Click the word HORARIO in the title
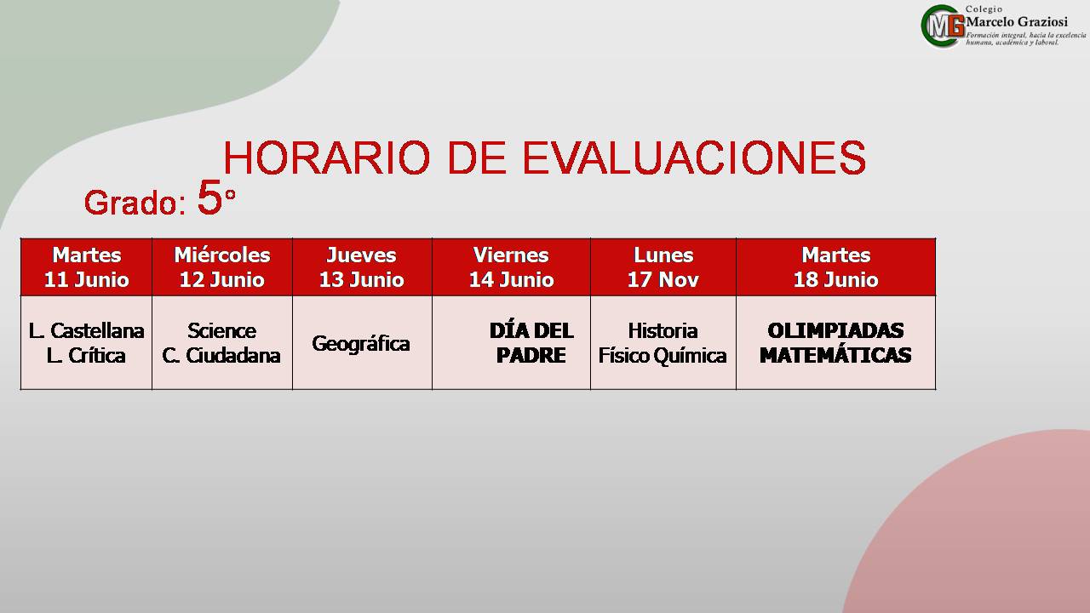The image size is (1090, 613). tap(326, 158)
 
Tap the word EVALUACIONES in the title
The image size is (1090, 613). tap(694, 158)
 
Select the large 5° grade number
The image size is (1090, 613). tap(216, 197)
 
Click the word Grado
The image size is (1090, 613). tap(130, 203)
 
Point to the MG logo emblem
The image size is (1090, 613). tap(943, 26)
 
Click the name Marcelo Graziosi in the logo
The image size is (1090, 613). tap(1017, 22)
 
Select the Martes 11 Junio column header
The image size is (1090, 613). tap(87, 267)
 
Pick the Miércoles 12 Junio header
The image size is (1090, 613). tap(222, 267)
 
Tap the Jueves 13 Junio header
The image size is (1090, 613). tap(362, 267)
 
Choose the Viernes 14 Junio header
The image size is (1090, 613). tap(512, 267)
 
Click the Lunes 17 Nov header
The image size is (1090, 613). tap(663, 267)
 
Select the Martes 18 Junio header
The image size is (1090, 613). tap(836, 267)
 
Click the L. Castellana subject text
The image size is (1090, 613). tap(87, 331)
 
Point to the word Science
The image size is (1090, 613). tap(222, 331)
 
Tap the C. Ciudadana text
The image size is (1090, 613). tap(221, 356)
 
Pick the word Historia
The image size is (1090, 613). tap(663, 331)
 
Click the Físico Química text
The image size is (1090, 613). tap(663, 356)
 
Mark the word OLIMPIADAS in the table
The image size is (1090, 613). tap(835, 331)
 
